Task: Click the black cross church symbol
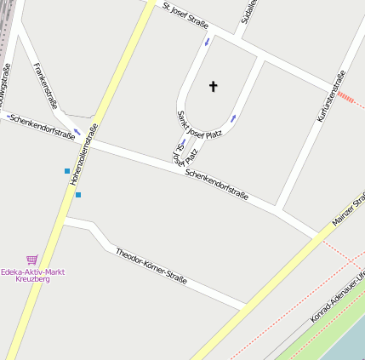(x=213, y=86)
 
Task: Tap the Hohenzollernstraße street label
(x=84, y=154)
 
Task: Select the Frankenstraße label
(x=47, y=86)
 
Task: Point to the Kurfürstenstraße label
(x=329, y=95)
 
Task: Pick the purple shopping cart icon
(x=32, y=260)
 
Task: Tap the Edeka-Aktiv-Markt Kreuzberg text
(x=33, y=275)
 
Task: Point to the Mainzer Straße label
(x=348, y=209)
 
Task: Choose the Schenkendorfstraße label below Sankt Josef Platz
(x=216, y=184)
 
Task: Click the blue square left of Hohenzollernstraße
(x=67, y=171)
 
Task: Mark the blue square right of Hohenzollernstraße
(x=78, y=195)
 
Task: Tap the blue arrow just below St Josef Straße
(x=206, y=42)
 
